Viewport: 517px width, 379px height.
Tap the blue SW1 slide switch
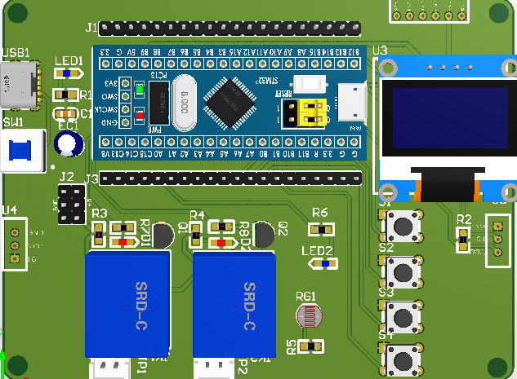click(x=20, y=152)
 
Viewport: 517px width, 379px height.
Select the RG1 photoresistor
click(x=307, y=315)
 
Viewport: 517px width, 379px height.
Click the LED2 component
click(x=325, y=263)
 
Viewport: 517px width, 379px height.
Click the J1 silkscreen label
click(x=91, y=27)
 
